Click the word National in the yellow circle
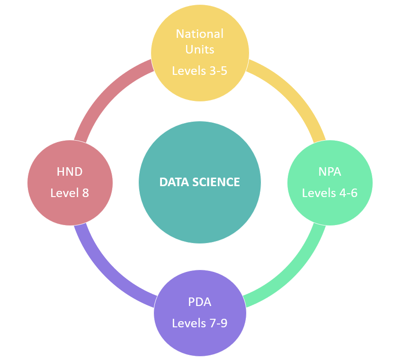[x=200, y=34]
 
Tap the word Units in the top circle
[x=200, y=49]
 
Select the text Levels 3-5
[x=199, y=71]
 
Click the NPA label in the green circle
[x=330, y=172]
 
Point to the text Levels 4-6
[x=330, y=193]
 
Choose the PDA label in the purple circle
[x=200, y=302]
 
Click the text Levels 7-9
[x=199, y=323]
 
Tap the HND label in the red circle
[x=70, y=172]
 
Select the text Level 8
[x=70, y=193]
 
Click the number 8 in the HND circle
[x=86, y=193]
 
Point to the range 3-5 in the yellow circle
[x=218, y=71]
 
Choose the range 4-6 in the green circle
[x=348, y=193]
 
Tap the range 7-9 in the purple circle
[x=218, y=323]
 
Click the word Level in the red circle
[x=65, y=193]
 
